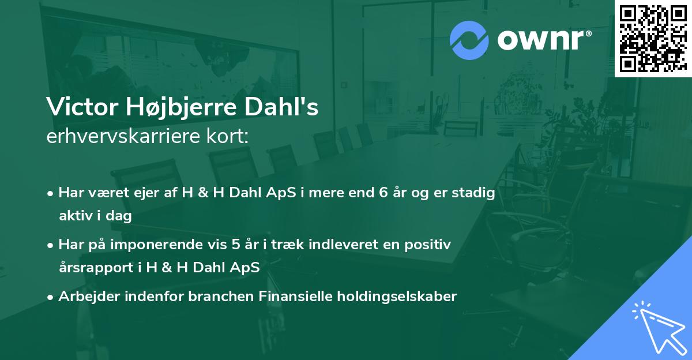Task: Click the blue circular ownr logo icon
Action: tap(470, 40)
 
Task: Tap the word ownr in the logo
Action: tap(542, 41)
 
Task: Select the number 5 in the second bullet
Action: tap(236, 245)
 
